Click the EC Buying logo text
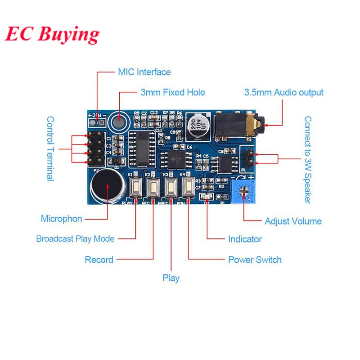click(x=52, y=34)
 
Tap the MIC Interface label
click(x=144, y=72)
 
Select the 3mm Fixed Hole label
click(x=172, y=93)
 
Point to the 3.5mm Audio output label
click(x=283, y=93)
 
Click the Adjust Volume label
click(x=293, y=221)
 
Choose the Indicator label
click(x=245, y=239)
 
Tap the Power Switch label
click(x=255, y=260)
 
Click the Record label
click(x=99, y=260)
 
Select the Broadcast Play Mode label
click(x=75, y=239)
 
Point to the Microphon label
click(x=62, y=219)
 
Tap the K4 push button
click(x=188, y=187)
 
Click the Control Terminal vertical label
click(x=50, y=148)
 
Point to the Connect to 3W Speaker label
click(x=308, y=160)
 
